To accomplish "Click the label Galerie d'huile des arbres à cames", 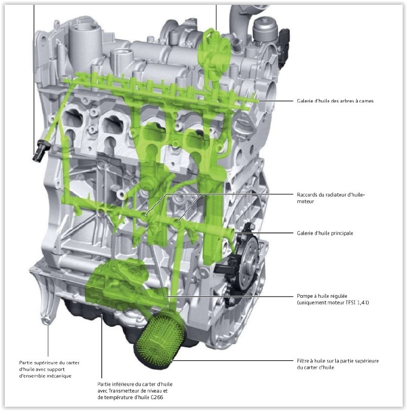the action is tap(335, 101).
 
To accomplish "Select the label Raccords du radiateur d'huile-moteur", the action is tap(331, 198).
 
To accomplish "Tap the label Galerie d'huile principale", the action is tap(325, 233).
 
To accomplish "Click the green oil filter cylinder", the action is tap(160, 338).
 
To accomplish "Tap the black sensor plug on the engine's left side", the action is tap(40, 151).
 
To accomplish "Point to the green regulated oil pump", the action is tap(120, 283).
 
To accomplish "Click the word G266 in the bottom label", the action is tap(157, 397).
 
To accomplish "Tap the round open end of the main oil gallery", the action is tap(231, 232).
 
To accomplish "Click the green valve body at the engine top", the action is tap(214, 52).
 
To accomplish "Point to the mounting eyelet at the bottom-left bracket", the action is tap(46, 321).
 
